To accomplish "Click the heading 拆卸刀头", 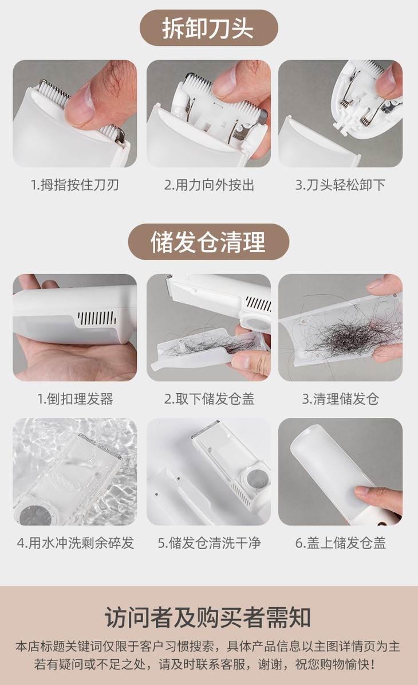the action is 208,28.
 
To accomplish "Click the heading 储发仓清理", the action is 208,241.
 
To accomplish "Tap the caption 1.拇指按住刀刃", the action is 74,185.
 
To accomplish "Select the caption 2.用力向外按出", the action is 209,185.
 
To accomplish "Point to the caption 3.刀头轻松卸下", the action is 340,185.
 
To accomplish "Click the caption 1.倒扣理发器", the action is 75,399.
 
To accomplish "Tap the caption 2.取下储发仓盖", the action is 209,399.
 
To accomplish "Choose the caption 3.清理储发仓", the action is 340,399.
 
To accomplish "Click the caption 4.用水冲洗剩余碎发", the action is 75,543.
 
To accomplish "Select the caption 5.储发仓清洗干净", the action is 209,543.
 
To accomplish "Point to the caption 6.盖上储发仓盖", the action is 340,543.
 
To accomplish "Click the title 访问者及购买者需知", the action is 208,618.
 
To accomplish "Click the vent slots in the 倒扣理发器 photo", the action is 97,318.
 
